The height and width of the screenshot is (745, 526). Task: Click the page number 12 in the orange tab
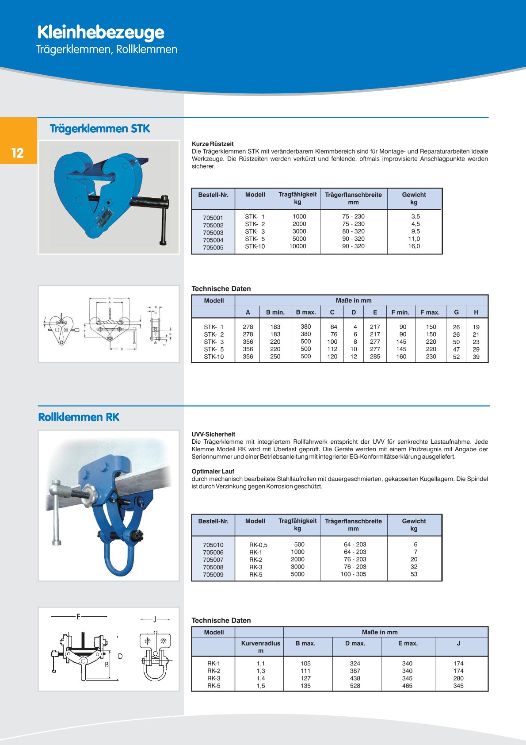point(18,153)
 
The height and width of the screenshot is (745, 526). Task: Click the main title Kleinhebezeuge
point(101,32)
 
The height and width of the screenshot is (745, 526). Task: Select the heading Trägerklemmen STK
point(100,129)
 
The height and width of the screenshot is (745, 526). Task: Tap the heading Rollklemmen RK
point(79,417)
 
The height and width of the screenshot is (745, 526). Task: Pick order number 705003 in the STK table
point(213,233)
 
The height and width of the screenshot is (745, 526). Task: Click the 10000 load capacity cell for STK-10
point(297,246)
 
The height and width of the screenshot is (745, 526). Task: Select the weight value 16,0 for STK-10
point(414,246)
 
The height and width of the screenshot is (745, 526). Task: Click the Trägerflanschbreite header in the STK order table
point(353,195)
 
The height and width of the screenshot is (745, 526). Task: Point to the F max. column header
point(430,312)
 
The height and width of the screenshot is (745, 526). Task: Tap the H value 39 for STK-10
point(476,357)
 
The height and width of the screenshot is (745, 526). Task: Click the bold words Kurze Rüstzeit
point(213,144)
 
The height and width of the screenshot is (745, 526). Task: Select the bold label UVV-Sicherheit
point(213,434)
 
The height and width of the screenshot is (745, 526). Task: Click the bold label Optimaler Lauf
point(213,472)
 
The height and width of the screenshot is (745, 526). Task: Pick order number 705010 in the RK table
point(213,545)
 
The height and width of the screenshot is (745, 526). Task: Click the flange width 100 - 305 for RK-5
point(353,574)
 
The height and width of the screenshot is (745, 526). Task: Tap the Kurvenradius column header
point(260,643)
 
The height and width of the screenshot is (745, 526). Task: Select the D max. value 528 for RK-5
point(355,686)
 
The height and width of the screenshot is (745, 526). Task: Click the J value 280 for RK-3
point(458,678)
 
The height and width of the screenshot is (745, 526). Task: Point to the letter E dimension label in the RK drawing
point(78,616)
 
